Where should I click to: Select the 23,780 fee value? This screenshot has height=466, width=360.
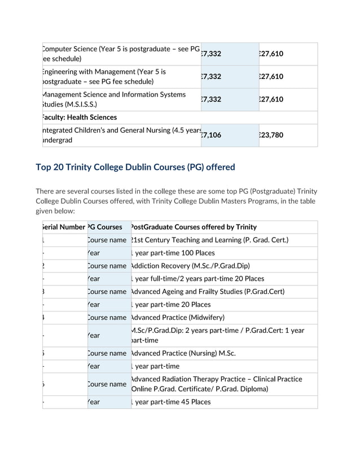click(x=271, y=135)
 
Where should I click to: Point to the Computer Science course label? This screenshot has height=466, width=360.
click(x=121, y=54)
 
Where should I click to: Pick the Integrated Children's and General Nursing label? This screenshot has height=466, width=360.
click(x=121, y=135)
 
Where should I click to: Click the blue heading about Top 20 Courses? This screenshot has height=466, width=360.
click(x=135, y=167)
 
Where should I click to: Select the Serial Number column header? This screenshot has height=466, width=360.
click(x=64, y=227)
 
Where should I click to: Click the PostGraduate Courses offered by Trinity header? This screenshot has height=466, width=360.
click(x=194, y=227)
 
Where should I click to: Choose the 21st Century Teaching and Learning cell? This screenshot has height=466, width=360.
click(x=209, y=240)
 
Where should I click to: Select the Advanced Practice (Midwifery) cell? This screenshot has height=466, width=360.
click(x=178, y=318)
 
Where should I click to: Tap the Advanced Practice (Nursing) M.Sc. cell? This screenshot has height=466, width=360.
click(x=183, y=353)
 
